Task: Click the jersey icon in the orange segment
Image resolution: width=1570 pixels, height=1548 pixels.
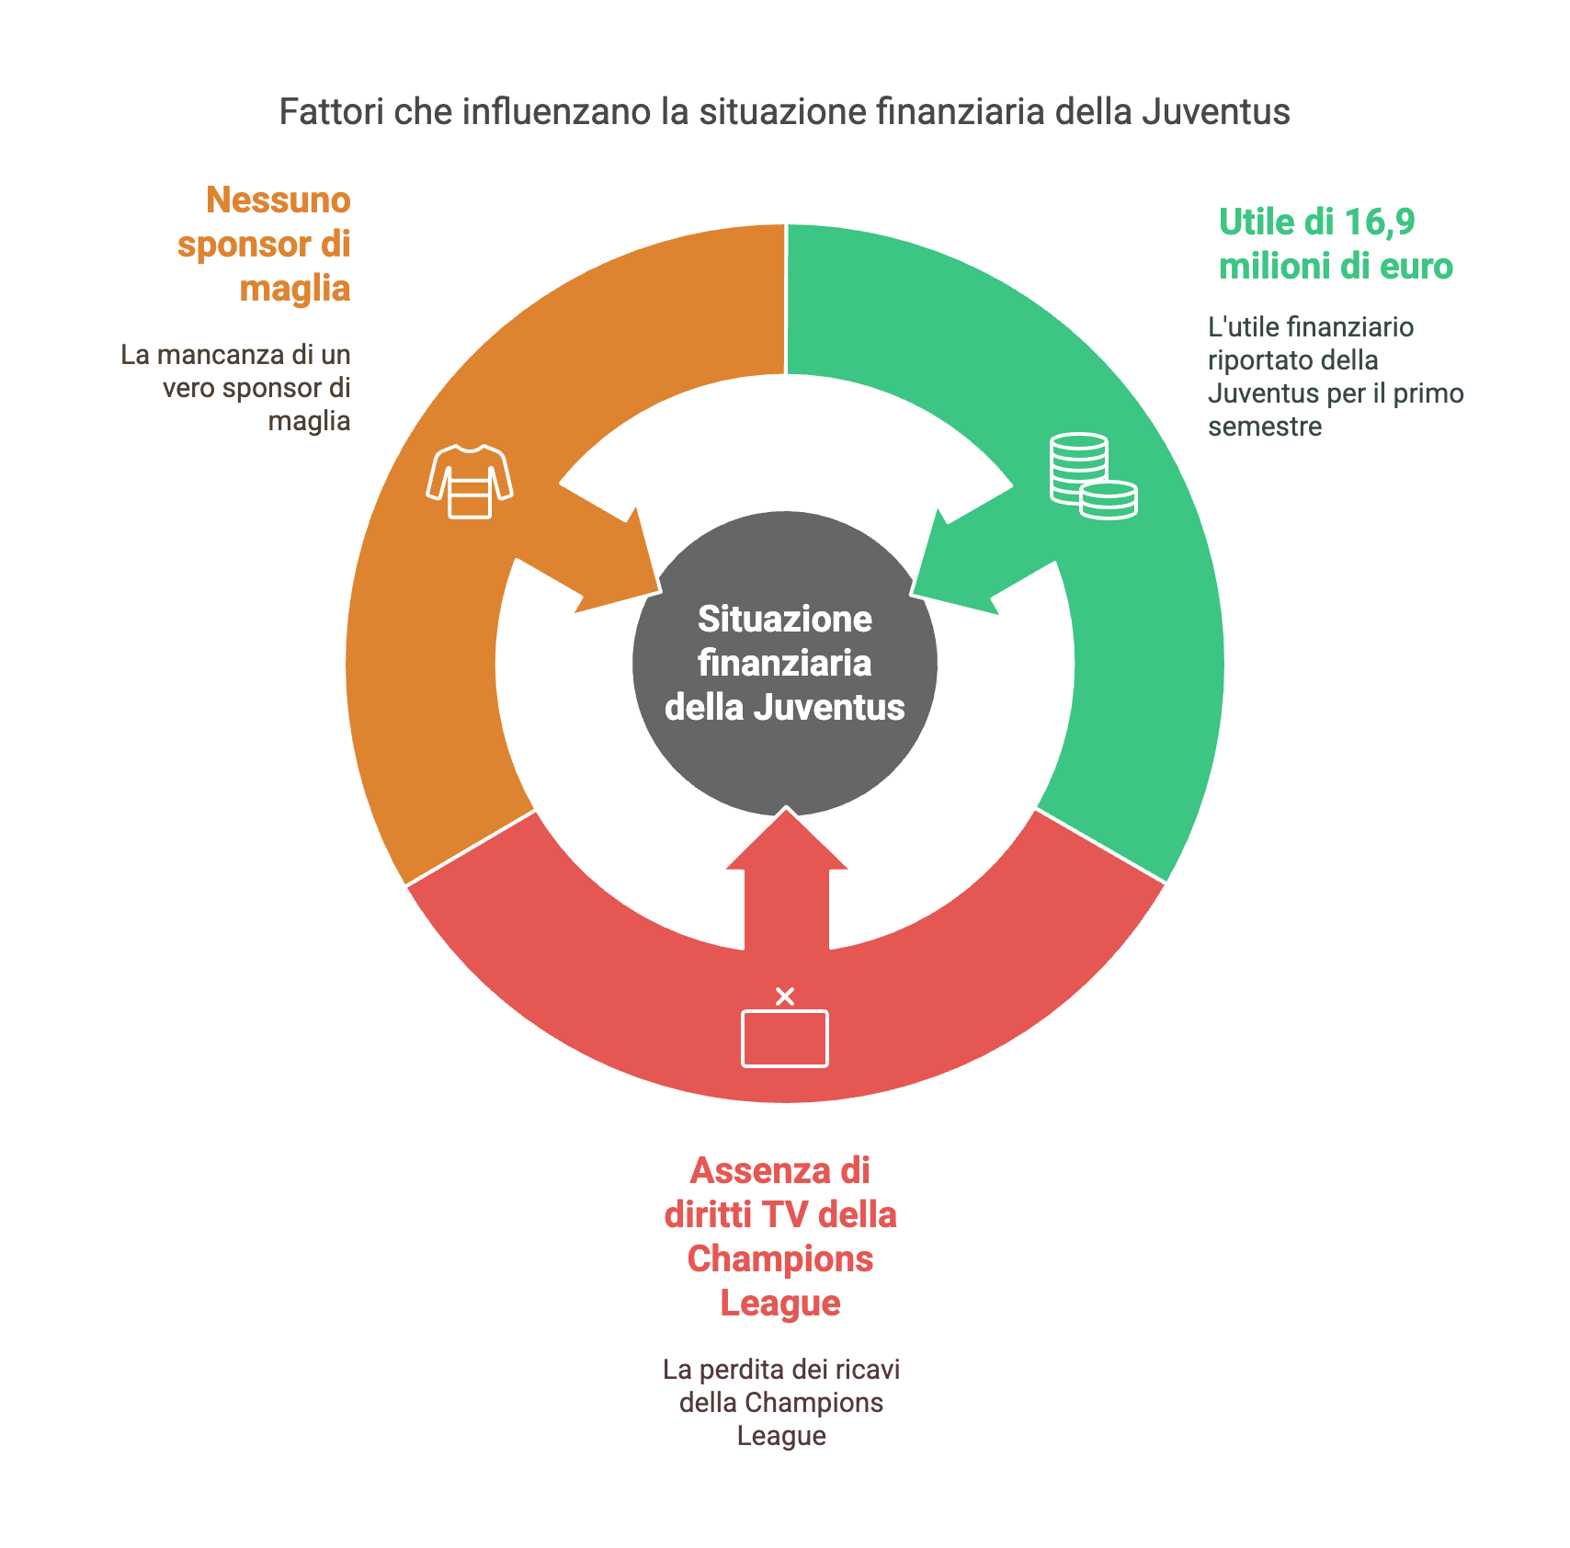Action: click(x=470, y=481)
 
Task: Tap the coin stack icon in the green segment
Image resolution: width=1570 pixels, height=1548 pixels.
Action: click(x=1093, y=475)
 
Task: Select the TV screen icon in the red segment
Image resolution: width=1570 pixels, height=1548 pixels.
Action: click(x=785, y=1038)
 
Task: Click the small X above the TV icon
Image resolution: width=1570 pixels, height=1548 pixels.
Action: click(x=785, y=996)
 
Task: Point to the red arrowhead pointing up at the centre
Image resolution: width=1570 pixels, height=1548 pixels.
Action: click(x=787, y=837)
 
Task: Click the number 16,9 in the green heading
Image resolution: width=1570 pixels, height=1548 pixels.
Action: click(x=1380, y=222)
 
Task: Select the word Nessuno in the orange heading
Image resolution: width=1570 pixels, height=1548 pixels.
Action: click(x=279, y=199)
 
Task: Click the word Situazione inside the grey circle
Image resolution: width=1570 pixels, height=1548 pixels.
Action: click(x=785, y=619)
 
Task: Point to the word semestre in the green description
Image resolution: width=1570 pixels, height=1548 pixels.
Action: click(x=1265, y=427)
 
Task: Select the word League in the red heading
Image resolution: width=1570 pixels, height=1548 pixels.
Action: click(x=780, y=1303)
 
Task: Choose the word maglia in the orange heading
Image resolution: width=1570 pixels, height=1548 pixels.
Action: click(x=295, y=289)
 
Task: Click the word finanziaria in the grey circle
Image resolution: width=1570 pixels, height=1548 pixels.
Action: click(x=785, y=663)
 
